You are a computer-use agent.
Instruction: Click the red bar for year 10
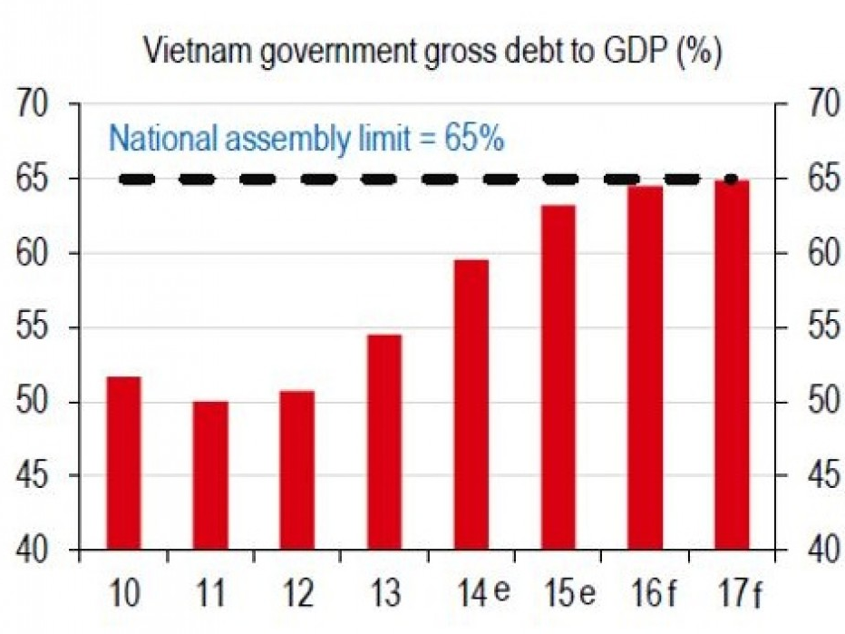[123, 463]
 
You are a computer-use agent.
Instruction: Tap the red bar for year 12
[297, 470]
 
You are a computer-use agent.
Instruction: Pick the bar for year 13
[384, 442]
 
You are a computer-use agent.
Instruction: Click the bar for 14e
[471, 405]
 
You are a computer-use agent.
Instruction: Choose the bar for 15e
[558, 377]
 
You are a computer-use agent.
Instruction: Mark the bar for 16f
[646, 367]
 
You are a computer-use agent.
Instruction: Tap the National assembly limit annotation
[306, 141]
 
